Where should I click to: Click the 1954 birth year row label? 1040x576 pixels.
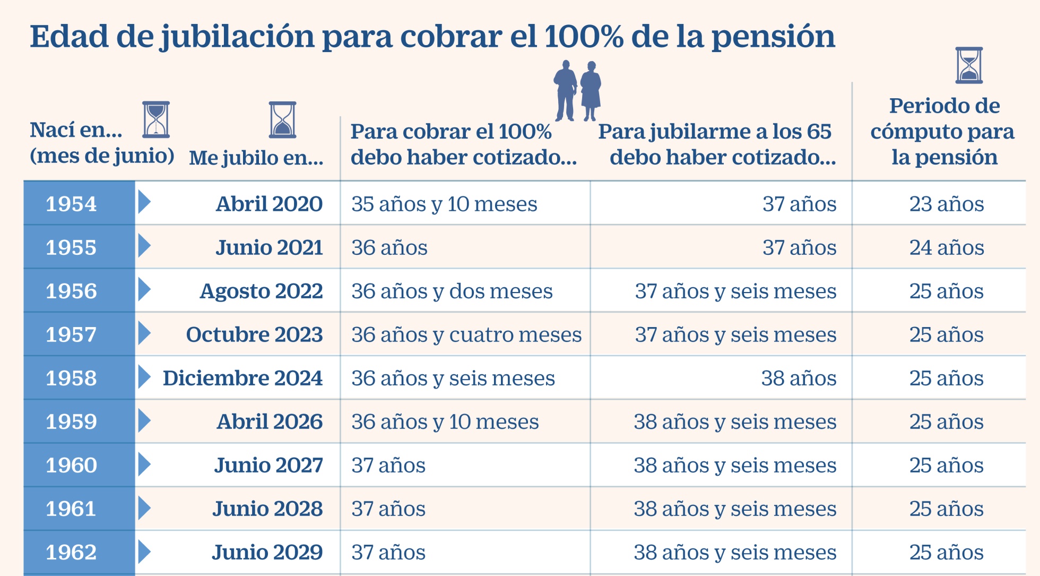71,204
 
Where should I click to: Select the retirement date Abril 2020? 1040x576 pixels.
269,204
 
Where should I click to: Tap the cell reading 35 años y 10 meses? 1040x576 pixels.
444,204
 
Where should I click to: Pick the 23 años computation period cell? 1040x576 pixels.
947,204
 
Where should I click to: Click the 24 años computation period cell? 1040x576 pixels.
947,247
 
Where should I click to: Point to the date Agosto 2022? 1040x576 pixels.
261,291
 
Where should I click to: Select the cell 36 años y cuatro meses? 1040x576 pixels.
466,334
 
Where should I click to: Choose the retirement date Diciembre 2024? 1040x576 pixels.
242,378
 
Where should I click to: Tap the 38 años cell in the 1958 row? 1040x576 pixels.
799,378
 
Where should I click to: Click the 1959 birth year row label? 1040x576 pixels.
71,422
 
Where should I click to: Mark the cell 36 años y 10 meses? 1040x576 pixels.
445,422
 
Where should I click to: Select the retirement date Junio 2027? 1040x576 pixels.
268,465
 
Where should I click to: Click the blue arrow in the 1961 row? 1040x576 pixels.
144,508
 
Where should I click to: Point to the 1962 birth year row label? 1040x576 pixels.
71,552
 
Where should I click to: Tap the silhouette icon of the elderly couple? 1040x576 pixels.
577,90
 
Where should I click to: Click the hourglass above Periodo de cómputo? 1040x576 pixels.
969,65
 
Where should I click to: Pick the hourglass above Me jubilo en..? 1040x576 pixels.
282,120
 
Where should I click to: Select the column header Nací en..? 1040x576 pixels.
76,130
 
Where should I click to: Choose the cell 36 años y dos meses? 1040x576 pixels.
452,291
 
